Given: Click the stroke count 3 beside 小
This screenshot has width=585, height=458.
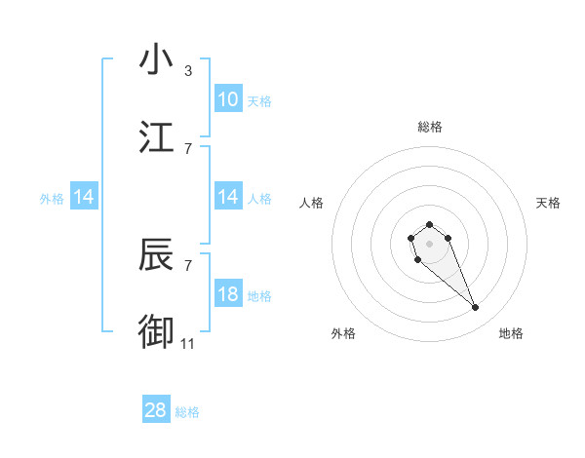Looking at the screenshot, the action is [188, 71].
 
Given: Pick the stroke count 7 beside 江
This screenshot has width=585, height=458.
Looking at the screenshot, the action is [188, 149].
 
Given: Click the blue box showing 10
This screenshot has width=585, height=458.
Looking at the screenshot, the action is [228, 99].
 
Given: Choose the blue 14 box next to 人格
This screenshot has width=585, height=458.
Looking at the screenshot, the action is [228, 198].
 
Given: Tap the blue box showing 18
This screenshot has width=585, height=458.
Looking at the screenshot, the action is [228, 295].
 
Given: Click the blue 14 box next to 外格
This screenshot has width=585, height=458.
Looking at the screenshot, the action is [84, 198].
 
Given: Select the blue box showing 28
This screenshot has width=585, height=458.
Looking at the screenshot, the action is [156, 410].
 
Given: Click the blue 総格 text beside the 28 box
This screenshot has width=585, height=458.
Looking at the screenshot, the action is [187, 412].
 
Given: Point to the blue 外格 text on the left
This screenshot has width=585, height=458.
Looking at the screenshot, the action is [52, 199].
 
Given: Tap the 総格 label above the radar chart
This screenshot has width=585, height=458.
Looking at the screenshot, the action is [429, 127].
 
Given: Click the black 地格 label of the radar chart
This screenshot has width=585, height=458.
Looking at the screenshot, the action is [511, 334].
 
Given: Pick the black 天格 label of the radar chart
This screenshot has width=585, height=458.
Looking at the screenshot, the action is [548, 203].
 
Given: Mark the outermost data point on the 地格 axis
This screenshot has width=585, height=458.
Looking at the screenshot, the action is [476, 308].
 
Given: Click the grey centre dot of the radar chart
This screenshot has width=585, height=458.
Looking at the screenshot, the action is [429, 243].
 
